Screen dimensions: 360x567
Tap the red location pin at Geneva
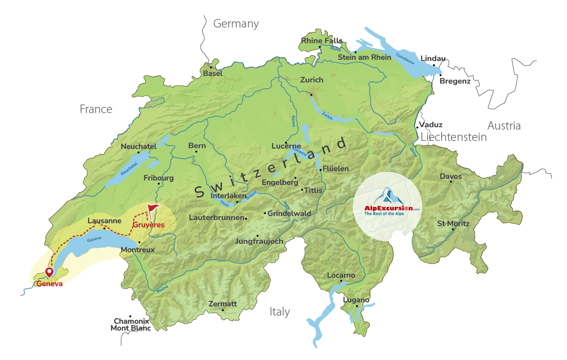pos(49,272)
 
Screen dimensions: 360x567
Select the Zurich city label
pos(312,80)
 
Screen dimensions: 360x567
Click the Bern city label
pos(197,146)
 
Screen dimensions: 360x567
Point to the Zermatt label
pos(223,304)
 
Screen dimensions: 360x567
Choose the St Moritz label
pos(453,224)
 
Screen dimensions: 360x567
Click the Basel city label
pos(213,73)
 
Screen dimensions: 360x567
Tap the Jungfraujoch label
pos(259,241)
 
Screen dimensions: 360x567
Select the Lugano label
pos(356,300)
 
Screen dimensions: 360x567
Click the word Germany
pos(236,24)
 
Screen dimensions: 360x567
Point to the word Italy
pos(279,312)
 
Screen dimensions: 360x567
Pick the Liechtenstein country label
pos(453,137)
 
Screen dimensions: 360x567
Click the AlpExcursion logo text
pos(388,208)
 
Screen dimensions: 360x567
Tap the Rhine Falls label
pos(321,41)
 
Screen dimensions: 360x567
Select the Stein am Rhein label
pos(364,57)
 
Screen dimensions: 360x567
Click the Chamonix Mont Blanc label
pos(131,324)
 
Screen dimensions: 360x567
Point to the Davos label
pos(450,176)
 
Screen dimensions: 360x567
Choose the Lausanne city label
pos(104,221)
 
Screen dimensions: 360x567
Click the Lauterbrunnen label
pos(217,218)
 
